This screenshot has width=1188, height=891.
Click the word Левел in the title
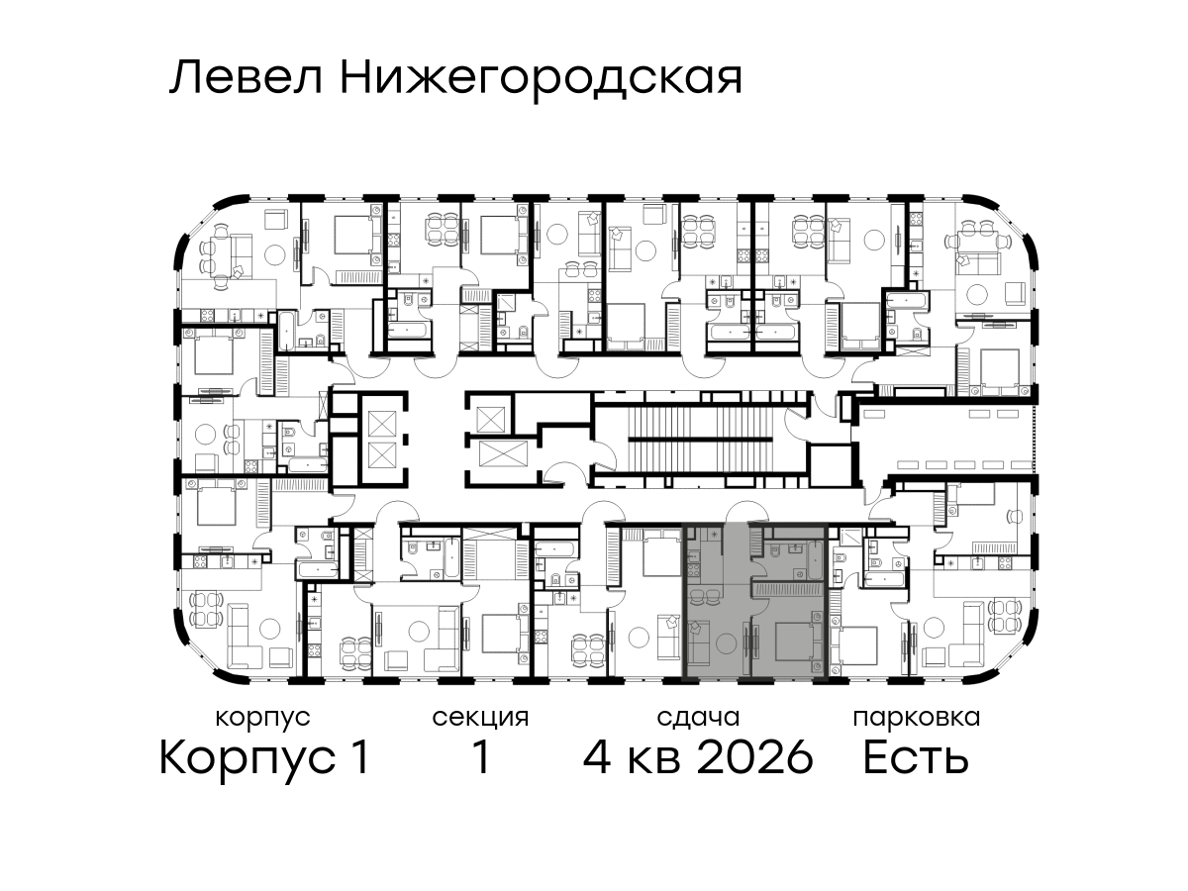click(x=247, y=78)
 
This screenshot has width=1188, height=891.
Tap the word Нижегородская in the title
click(x=542, y=82)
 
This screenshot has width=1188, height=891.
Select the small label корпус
click(x=263, y=719)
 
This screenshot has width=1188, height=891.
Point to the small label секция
click(x=480, y=719)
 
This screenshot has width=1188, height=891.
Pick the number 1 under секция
click(x=480, y=758)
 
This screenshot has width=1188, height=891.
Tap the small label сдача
click(x=698, y=718)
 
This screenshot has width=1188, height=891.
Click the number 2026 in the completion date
click(x=755, y=758)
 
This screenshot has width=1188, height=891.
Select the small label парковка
click(x=917, y=719)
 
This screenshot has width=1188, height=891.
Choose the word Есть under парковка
click(x=915, y=758)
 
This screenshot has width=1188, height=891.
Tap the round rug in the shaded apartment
click(x=726, y=644)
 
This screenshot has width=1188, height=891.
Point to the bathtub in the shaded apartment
click(x=815, y=560)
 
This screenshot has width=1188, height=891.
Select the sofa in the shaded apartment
click(x=699, y=642)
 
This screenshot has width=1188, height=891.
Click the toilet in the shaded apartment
click(x=775, y=551)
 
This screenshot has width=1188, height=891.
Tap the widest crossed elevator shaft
click(x=503, y=453)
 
